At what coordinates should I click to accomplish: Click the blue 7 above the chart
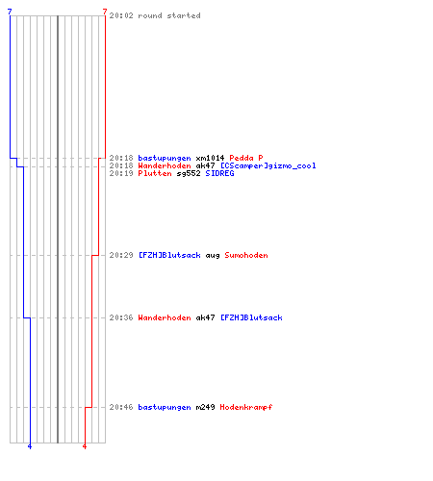[10, 13]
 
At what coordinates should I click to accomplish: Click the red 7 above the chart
[105, 13]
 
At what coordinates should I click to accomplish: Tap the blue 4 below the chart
[30, 446]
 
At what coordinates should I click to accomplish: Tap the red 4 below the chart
[85, 446]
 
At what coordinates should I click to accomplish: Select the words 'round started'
[169, 15]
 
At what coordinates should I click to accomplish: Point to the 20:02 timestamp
[121, 15]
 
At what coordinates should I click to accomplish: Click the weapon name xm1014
[210, 158]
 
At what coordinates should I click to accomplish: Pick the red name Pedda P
[246, 158]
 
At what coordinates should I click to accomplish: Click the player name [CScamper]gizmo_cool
[267, 165]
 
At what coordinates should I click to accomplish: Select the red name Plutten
[155, 173]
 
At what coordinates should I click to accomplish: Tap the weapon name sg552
[189, 173]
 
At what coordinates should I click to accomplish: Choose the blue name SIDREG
[219, 173]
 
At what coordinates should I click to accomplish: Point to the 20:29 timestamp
[121, 255]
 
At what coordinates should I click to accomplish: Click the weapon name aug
[213, 256]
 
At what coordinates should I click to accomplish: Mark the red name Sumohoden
[246, 255]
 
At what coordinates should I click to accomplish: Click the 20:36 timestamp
[121, 317]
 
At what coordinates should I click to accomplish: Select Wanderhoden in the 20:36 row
[165, 317]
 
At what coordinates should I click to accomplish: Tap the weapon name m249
[205, 407]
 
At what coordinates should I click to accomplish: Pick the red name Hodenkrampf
[246, 407]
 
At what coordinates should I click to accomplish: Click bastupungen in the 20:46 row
[165, 407]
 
